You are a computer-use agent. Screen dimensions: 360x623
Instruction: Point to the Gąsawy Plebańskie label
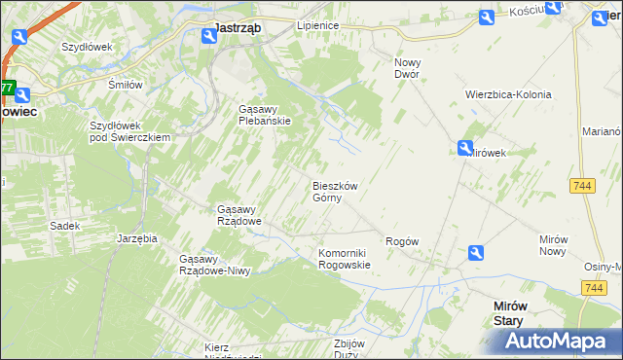point(265,115)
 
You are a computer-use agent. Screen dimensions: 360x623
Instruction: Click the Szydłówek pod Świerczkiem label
point(129,131)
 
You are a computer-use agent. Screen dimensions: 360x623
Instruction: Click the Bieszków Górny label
point(335,192)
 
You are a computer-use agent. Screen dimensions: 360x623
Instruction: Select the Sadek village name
point(64,225)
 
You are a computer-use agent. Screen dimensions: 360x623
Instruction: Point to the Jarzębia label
point(136,237)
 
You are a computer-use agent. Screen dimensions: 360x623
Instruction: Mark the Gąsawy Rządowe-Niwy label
point(215,265)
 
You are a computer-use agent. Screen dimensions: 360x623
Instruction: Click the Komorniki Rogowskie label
point(345,258)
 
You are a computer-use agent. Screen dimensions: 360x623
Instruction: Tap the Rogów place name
point(402,240)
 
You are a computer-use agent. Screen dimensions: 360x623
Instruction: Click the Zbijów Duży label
point(348,348)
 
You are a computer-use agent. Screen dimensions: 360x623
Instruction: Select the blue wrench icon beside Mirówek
point(466,148)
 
